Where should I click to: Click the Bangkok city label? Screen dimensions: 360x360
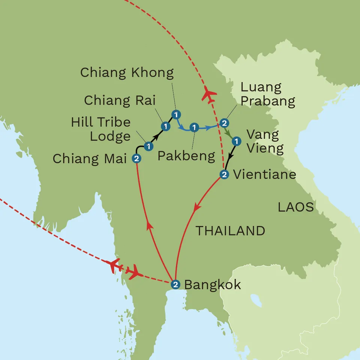coord(213,285)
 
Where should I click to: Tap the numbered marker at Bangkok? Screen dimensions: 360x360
coord(175,284)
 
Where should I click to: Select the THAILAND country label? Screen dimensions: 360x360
coord(230,231)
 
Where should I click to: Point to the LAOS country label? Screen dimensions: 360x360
coord(296,207)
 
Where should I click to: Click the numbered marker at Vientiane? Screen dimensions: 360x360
coord(224,174)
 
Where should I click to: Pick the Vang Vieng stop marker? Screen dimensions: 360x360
coord(236,141)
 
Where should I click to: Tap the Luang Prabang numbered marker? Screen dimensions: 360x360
coord(224,123)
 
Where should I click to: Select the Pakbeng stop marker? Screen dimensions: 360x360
coord(194,127)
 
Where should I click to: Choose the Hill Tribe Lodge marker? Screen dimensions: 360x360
coord(149,146)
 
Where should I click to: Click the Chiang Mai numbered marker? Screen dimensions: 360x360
coord(136,159)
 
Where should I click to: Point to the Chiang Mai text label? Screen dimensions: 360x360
coord(90,159)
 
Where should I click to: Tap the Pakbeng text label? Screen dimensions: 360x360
coord(186,156)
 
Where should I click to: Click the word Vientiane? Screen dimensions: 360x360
coord(264,174)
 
